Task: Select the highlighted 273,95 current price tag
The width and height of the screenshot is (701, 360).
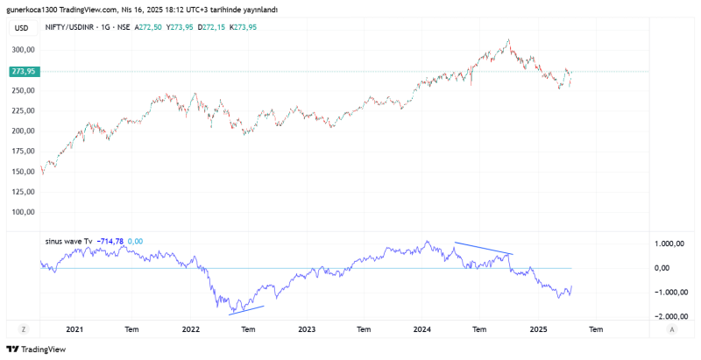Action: click(x=23, y=72)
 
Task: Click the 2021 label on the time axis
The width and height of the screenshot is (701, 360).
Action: click(x=74, y=329)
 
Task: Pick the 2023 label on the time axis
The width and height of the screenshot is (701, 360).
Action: click(x=307, y=329)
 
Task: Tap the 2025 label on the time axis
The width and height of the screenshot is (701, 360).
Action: click(x=538, y=329)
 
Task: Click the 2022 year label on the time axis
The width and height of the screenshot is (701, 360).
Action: click(x=190, y=329)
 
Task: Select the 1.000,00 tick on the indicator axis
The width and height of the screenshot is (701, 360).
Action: click(x=669, y=244)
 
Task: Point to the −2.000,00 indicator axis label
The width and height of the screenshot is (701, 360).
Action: click(x=668, y=317)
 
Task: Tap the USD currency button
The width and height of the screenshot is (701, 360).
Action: click(x=22, y=28)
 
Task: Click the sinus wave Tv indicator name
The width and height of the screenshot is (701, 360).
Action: click(x=69, y=241)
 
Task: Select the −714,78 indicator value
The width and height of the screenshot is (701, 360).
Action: click(x=111, y=241)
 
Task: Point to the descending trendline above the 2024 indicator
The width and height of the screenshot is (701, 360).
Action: click(x=483, y=249)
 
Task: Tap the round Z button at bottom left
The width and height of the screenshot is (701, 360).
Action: click(x=24, y=329)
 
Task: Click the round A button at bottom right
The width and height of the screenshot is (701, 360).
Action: click(x=670, y=329)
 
